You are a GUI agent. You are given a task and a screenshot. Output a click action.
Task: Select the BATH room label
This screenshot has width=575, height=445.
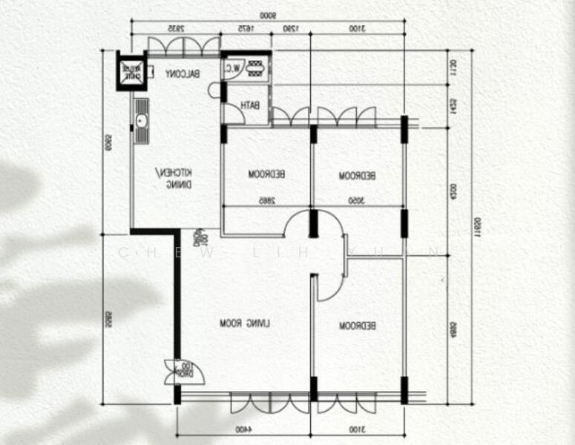[x=250, y=106]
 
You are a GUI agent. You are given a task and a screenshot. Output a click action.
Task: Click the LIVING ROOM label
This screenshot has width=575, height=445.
[x=246, y=323]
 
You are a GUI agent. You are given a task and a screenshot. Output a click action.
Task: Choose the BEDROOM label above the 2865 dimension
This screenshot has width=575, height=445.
[x=267, y=175]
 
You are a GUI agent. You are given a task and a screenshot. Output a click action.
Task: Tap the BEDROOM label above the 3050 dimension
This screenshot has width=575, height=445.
[x=358, y=176]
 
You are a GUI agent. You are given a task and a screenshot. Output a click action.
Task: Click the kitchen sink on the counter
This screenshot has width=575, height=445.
[x=140, y=119]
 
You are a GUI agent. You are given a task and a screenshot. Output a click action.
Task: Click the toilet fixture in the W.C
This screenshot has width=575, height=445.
[x=257, y=68]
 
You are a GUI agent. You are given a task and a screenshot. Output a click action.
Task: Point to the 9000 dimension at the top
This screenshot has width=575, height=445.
[x=268, y=15]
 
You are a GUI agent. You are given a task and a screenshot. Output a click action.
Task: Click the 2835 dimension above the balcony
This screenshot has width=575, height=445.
[x=175, y=28]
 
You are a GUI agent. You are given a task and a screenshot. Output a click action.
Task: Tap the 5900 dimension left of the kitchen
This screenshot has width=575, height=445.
[x=108, y=141]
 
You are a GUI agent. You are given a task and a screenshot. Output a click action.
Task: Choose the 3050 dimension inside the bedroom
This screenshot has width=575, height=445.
[x=358, y=200]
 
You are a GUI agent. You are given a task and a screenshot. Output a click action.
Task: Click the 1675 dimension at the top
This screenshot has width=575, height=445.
[x=246, y=28]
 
